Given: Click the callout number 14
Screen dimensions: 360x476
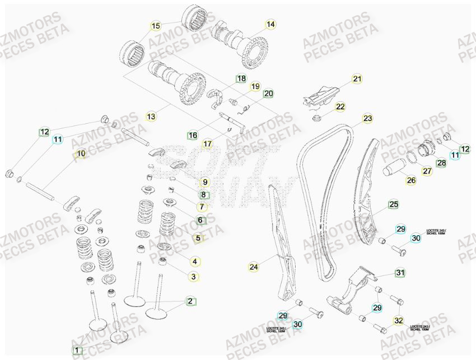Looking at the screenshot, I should (270, 24).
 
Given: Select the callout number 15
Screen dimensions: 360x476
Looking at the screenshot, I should (156, 26).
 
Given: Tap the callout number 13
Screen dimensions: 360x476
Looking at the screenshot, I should (151, 116).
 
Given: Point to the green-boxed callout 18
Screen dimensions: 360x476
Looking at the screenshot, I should (241, 79).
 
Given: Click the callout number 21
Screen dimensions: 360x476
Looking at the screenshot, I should (357, 79).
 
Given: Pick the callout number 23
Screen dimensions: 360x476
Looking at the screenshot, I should (367, 118).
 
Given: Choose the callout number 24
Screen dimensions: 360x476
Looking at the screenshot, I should (254, 267).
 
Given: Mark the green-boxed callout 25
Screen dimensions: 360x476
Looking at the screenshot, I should (394, 205).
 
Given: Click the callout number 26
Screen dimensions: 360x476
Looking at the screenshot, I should (411, 180).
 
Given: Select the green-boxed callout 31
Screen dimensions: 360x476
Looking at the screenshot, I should (400, 273).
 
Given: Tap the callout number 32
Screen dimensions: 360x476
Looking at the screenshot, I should (398, 321).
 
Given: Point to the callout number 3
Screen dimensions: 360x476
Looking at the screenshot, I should (193, 277).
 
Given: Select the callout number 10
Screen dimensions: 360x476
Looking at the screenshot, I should (81, 153).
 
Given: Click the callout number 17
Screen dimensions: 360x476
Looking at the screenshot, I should (208, 144).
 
